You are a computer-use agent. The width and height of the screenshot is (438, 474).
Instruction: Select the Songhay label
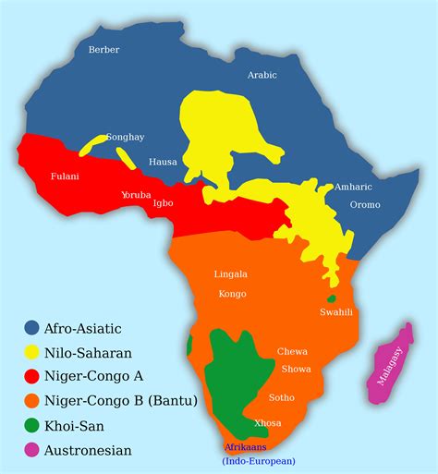(x=125, y=137)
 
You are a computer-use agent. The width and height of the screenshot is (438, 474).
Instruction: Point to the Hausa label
(x=163, y=162)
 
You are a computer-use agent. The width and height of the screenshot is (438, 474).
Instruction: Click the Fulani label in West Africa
(x=65, y=176)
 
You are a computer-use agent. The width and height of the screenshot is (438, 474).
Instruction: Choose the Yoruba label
(x=136, y=195)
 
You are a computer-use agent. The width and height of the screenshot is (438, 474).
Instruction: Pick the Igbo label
(x=163, y=202)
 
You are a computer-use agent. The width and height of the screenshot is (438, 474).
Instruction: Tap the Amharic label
(x=353, y=187)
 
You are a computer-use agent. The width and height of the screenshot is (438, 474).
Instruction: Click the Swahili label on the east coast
(x=336, y=312)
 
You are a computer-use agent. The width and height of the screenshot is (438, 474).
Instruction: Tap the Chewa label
(x=292, y=352)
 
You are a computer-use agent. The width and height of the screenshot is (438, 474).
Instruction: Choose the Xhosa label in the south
(x=267, y=422)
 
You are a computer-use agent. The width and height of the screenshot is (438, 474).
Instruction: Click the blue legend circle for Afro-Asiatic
(x=31, y=327)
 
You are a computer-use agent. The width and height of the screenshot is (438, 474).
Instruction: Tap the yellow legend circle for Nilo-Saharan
(x=31, y=352)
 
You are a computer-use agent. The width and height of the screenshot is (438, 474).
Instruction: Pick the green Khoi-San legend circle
(x=31, y=426)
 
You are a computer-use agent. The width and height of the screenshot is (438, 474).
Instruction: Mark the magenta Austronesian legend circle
(x=31, y=451)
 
